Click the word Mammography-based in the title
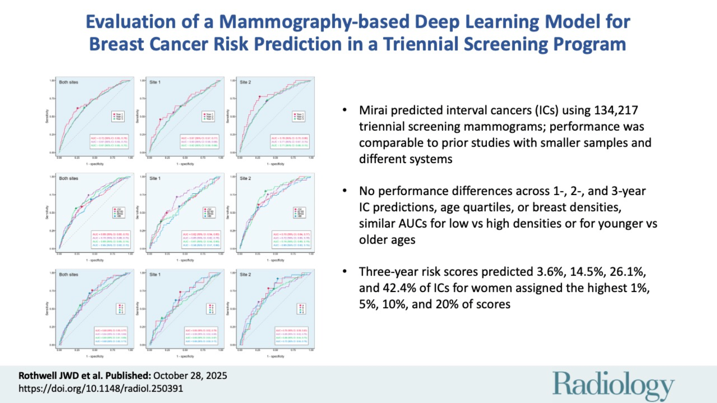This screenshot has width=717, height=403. click(314, 22)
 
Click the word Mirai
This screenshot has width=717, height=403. click(373, 110)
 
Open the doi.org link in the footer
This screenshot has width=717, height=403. click(101, 388)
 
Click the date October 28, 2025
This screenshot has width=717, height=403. click(190, 376)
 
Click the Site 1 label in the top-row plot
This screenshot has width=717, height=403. click(155, 82)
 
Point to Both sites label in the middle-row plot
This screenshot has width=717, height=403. click(68, 178)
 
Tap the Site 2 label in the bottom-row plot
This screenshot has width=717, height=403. click(245, 274)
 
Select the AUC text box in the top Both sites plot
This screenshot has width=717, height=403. click(109, 142)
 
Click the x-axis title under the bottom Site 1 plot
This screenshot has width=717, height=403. click(185, 356)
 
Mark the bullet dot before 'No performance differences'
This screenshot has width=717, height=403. click(345, 191)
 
